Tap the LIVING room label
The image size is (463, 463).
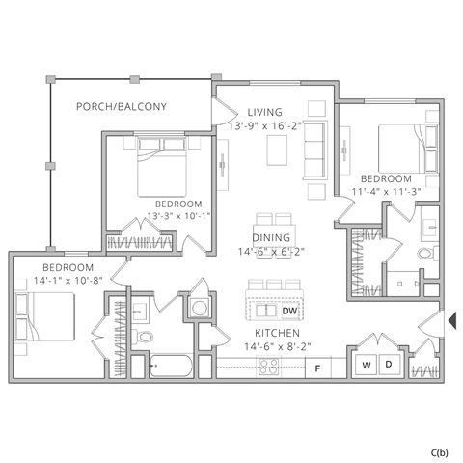[x=263, y=112]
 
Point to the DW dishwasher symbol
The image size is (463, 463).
[x=289, y=312]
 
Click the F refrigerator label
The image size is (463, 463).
[x=317, y=368]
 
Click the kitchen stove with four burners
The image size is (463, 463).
[x=268, y=367]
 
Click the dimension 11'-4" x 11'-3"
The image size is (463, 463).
[x=386, y=192]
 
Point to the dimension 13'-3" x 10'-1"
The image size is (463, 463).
[x=178, y=216]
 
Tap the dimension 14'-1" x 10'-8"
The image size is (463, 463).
[x=68, y=280]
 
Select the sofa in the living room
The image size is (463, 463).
[x=314, y=153]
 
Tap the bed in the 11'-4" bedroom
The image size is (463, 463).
[x=398, y=150]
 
